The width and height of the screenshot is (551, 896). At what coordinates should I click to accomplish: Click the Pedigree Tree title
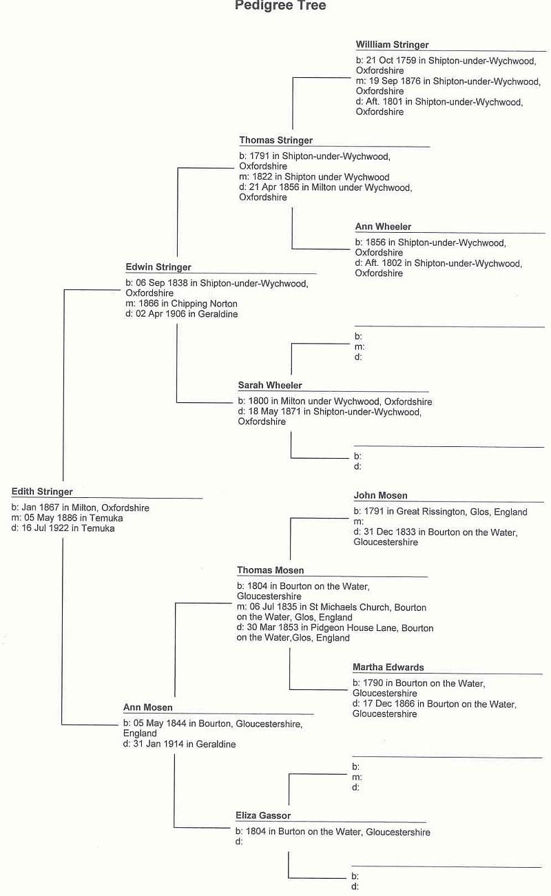280,6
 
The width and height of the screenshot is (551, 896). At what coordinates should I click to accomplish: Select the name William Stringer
392,44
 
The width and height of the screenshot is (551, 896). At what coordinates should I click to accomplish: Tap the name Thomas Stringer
275,140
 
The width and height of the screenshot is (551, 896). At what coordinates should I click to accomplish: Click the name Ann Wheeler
383,227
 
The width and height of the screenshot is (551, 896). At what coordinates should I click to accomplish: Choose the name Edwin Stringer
158,267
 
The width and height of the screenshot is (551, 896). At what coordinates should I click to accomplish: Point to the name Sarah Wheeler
270,385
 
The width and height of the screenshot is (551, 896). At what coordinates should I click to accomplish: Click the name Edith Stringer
42,492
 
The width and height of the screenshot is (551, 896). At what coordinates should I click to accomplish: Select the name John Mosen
380,495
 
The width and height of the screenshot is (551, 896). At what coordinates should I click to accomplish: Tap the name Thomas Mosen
270,570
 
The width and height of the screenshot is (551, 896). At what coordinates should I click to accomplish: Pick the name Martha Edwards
388,667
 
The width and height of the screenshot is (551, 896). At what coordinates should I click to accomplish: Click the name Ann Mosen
147,707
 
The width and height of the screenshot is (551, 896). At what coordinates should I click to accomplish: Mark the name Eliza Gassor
263,815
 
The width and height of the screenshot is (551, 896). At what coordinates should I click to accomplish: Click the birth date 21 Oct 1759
391,61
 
